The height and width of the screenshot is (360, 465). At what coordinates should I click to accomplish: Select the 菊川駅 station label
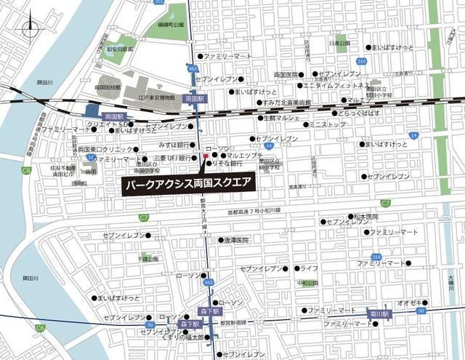(381, 314)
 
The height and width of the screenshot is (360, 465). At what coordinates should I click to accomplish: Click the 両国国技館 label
(107, 87)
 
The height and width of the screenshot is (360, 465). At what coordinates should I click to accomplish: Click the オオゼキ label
(406, 301)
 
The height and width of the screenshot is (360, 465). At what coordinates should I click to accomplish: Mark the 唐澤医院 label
(236, 240)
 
